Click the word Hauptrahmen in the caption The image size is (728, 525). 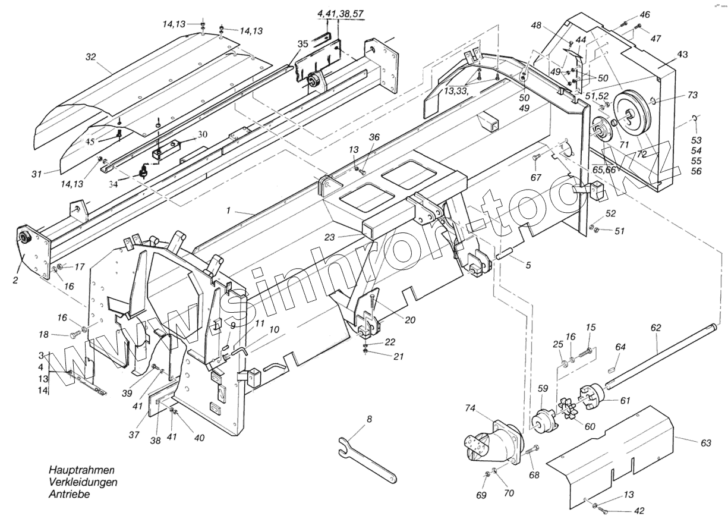(81, 470)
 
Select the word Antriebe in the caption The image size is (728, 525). (70, 495)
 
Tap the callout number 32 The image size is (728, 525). (90, 57)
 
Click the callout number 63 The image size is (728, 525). (705, 443)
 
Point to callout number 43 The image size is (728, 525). (683, 54)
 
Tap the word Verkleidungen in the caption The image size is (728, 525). (83, 482)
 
